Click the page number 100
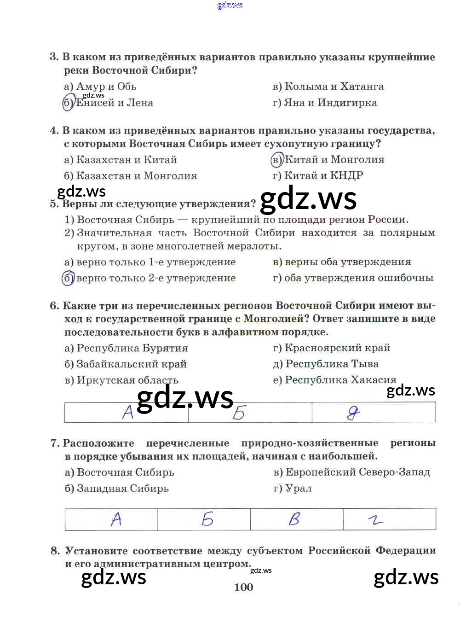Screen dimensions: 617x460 pyautogui.click(x=244, y=587)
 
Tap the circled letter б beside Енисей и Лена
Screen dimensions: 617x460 pyautogui.click(x=68, y=103)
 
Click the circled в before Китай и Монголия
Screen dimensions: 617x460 pyautogui.click(x=277, y=160)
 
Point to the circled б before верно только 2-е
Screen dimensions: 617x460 pyautogui.click(x=68, y=278)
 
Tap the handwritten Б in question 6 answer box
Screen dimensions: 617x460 pyautogui.click(x=239, y=413)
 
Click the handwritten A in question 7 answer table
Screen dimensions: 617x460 pyautogui.click(x=116, y=519)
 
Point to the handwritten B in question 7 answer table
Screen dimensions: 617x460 pyautogui.click(x=294, y=519)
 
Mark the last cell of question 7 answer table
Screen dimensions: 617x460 pyautogui.click(x=389, y=519)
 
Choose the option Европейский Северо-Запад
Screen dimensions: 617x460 pyautogui.click(x=357, y=472)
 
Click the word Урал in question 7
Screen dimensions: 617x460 pyautogui.click(x=299, y=489)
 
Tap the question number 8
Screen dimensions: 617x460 pyautogui.click(x=55, y=551)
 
